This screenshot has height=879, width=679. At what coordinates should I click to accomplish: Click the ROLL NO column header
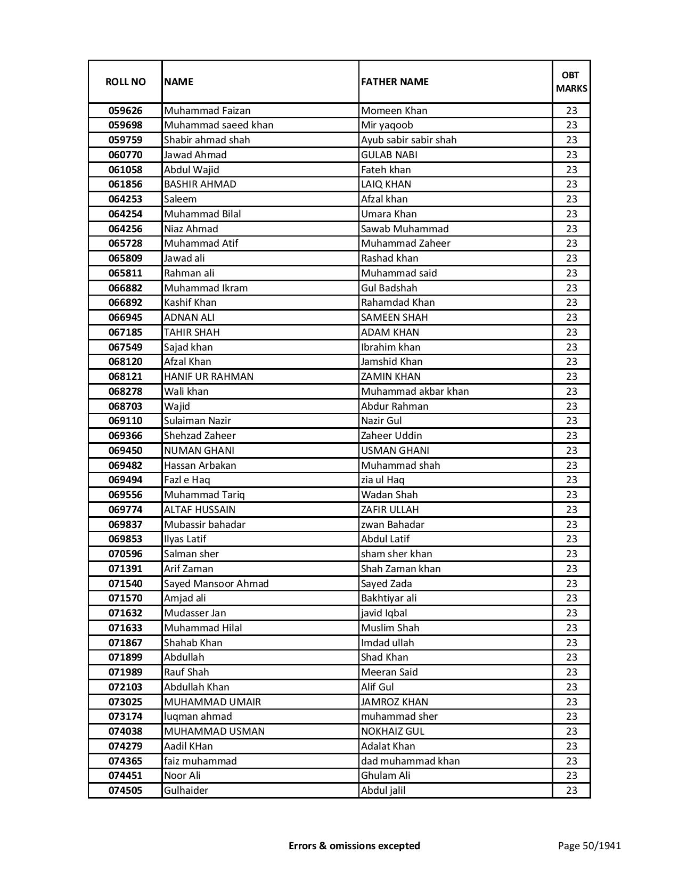click(125, 82)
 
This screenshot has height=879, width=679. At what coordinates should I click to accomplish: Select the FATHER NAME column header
click(395, 82)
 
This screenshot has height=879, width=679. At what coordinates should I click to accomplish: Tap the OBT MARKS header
click(571, 82)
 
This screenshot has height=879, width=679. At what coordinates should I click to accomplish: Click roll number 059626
click(125, 111)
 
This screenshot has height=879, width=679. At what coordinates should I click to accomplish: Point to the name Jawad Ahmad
click(195, 155)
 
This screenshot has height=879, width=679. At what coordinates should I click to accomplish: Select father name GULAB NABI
click(389, 155)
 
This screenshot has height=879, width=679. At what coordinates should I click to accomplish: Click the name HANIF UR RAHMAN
click(209, 377)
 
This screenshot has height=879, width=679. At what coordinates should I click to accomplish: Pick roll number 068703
click(125, 406)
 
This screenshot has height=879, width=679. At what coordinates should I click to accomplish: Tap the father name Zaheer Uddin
click(391, 436)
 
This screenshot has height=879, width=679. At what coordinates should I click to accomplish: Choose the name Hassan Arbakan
click(200, 466)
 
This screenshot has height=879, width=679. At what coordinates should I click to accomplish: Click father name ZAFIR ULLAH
click(390, 510)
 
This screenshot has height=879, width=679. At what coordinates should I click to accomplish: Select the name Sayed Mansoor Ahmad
click(216, 584)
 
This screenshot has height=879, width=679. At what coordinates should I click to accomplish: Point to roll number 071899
click(125, 657)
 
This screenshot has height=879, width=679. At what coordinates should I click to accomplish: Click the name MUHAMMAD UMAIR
click(212, 702)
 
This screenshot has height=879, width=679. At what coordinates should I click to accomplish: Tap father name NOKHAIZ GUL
click(392, 731)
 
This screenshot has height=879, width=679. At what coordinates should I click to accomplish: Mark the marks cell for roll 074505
click(571, 791)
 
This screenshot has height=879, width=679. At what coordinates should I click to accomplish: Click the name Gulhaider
click(186, 791)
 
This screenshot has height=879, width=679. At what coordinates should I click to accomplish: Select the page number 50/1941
click(589, 845)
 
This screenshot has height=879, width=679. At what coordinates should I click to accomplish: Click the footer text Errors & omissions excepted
click(354, 845)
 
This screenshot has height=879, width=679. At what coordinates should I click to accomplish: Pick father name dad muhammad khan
click(410, 761)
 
